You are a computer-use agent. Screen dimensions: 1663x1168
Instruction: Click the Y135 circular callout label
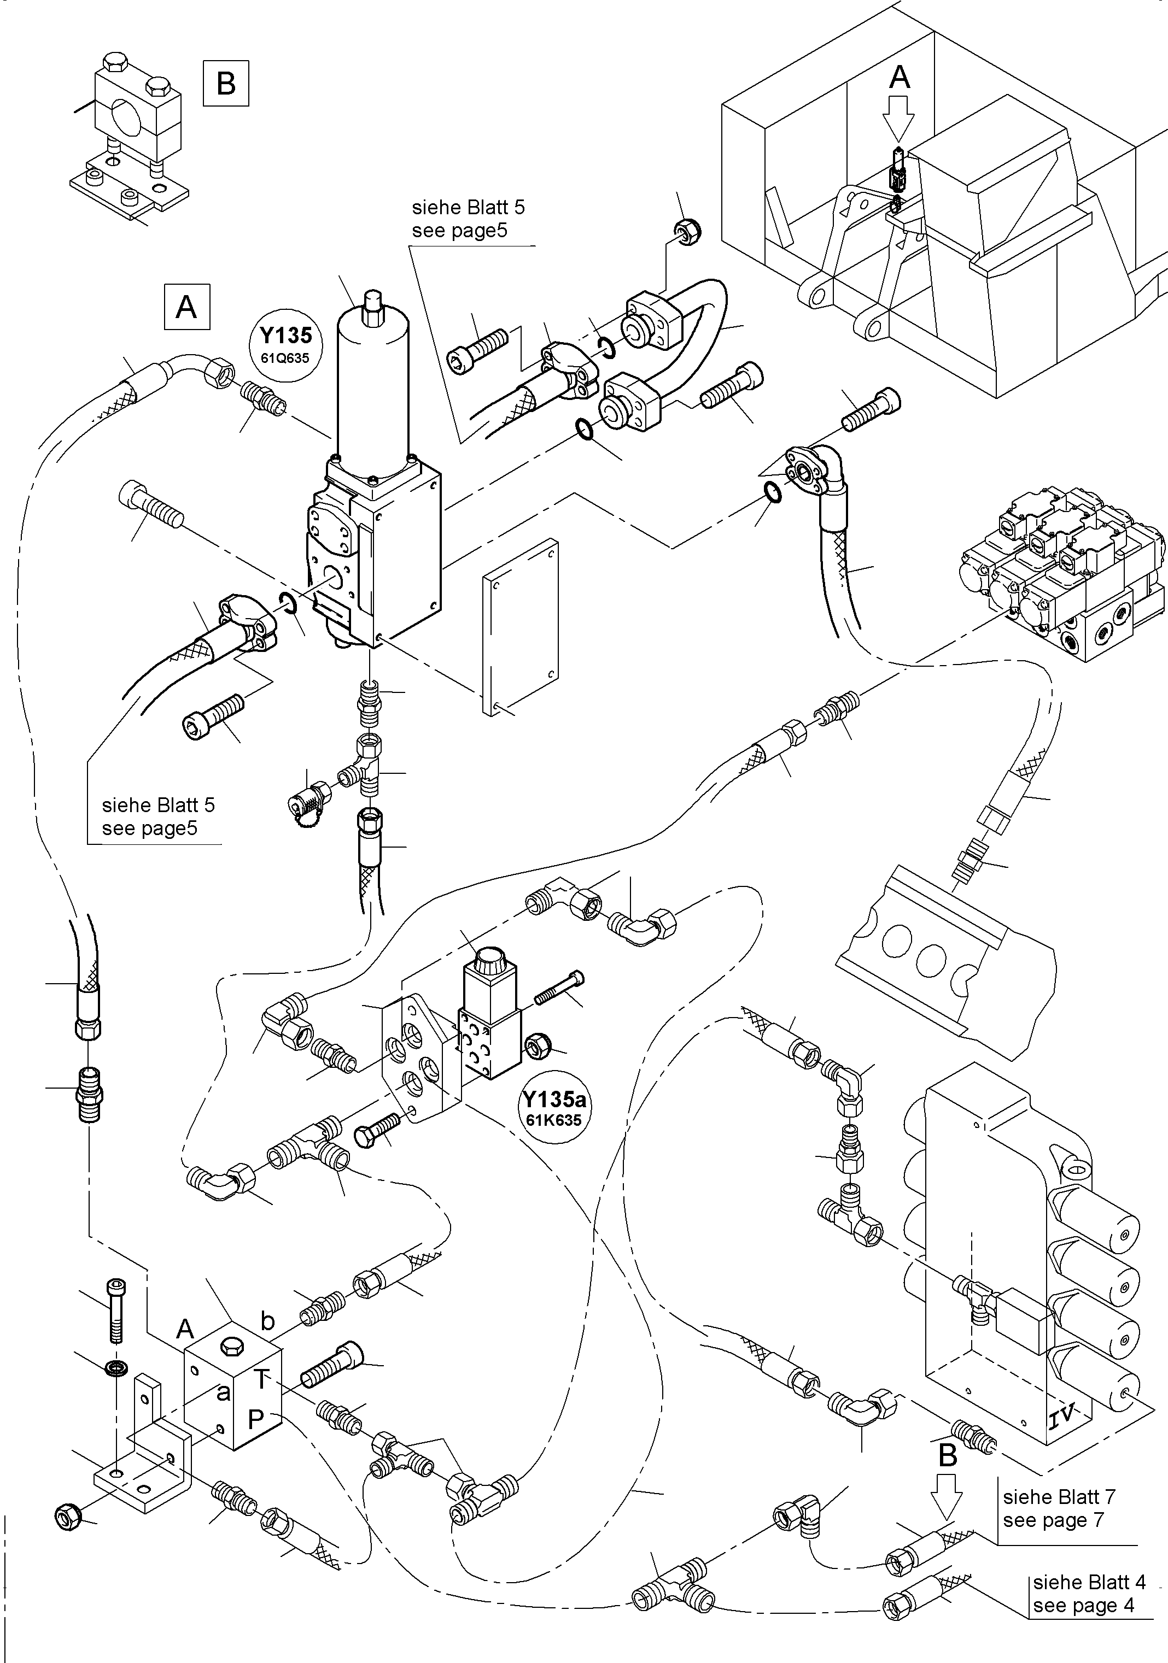click(x=286, y=342)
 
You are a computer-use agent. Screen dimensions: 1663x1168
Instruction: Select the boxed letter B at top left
click(x=226, y=84)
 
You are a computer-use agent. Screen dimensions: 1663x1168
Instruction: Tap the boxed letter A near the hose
click(x=187, y=307)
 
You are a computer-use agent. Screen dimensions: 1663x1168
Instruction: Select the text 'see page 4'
click(x=1083, y=1605)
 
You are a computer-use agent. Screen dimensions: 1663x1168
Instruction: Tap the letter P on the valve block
click(x=255, y=1418)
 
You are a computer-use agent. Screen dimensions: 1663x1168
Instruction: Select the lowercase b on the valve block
click(x=267, y=1322)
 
